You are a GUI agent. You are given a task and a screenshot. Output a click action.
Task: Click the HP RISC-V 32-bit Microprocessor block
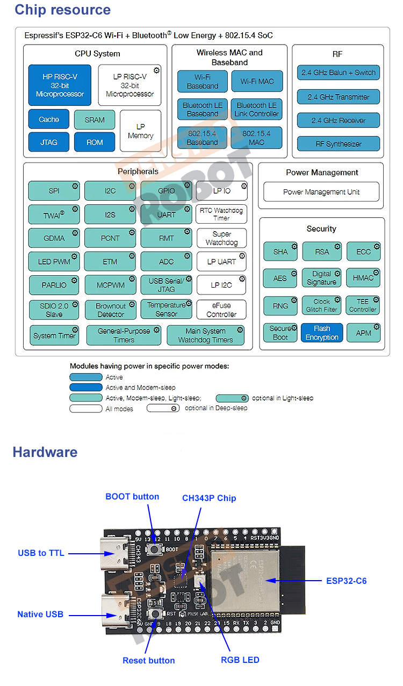tap(60, 85)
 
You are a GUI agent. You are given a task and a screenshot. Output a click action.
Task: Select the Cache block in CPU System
tap(49, 119)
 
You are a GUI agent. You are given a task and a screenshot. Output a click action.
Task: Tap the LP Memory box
tap(140, 131)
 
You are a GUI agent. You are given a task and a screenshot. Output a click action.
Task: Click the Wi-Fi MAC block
tap(257, 82)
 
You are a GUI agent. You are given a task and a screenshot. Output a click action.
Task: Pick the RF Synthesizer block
tap(338, 144)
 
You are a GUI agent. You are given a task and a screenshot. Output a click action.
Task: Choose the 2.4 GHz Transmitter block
tap(338, 97)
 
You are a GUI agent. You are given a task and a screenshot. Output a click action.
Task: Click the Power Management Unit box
tap(321, 192)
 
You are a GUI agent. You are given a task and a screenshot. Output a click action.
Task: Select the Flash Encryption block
tap(322, 333)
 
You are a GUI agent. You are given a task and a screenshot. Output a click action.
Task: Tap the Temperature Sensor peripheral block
tap(166, 309)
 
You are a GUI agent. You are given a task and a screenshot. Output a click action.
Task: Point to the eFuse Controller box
tap(221, 310)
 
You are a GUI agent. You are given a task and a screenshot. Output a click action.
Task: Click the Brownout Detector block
tap(111, 310)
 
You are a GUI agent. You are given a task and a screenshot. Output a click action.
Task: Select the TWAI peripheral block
tap(54, 215)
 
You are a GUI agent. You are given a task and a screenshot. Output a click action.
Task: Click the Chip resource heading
tap(62, 10)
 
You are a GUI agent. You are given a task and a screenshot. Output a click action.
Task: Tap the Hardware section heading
tap(45, 452)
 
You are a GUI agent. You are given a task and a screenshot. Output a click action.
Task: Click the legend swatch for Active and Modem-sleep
tap(85, 388)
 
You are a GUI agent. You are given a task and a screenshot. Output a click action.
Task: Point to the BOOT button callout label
tap(132, 496)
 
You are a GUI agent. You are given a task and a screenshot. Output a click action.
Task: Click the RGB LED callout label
tap(240, 660)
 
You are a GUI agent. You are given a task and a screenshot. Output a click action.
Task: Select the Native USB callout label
tap(40, 614)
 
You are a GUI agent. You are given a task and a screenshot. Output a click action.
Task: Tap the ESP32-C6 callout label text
tap(347, 581)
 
